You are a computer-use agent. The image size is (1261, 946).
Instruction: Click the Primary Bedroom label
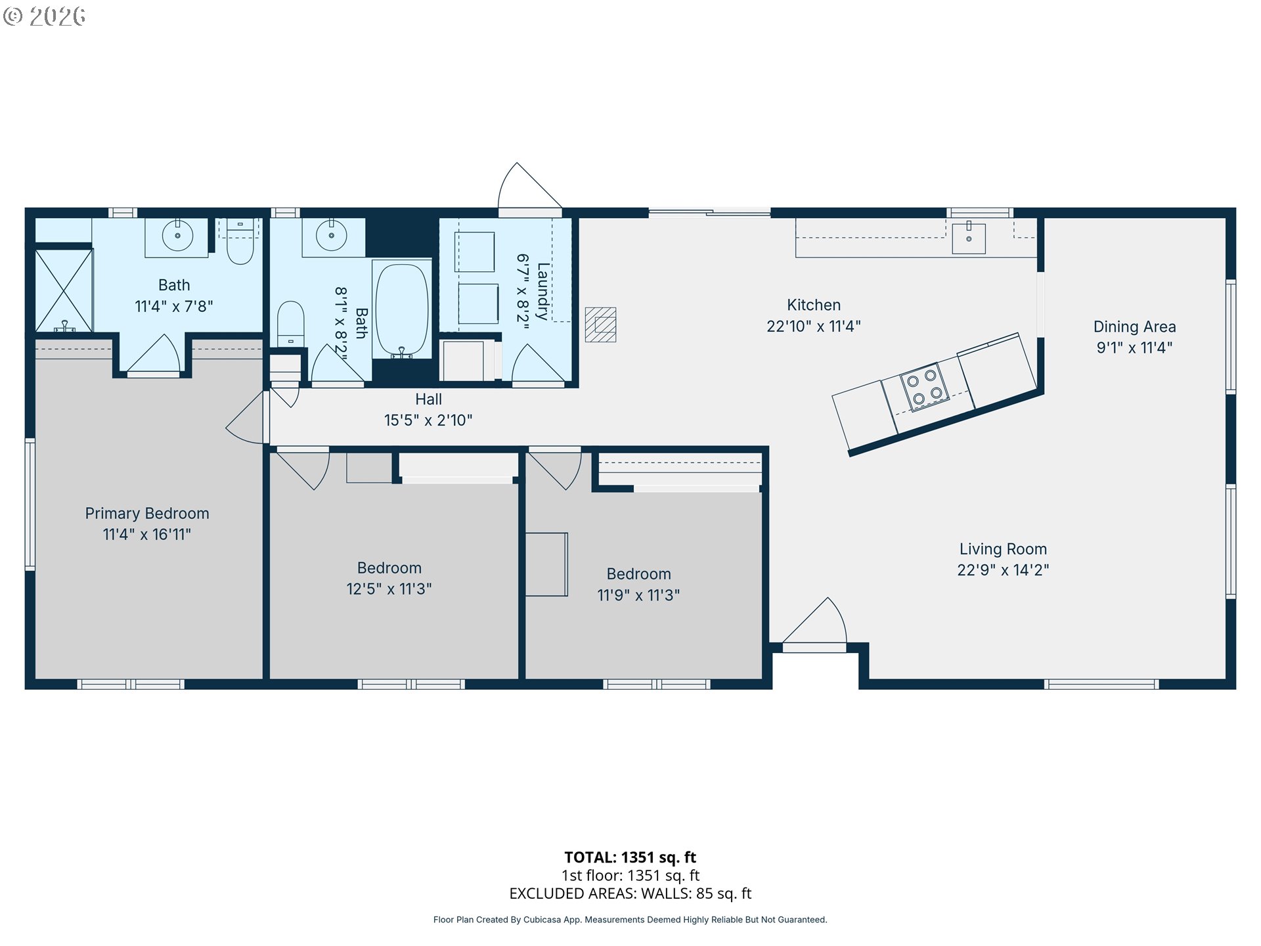pyautogui.click(x=147, y=514)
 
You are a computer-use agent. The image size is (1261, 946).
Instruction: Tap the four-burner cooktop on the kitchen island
pyautogui.click(x=925, y=387)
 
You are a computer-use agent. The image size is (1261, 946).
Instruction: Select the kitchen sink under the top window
pyautogui.click(x=969, y=238)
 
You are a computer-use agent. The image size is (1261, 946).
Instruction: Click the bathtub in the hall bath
pyautogui.click(x=401, y=310)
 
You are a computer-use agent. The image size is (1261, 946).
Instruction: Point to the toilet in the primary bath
pyautogui.click(x=240, y=241)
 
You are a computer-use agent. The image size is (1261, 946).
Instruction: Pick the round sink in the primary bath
pyautogui.click(x=177, y=236)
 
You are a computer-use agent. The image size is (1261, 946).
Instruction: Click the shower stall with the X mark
pyautogui.click(x=64, y=290)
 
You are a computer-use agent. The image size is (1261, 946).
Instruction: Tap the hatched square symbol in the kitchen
pyautogui.click(x=600, y=325)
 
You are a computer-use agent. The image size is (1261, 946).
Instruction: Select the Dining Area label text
pyautogui.click(x=1134, y=327)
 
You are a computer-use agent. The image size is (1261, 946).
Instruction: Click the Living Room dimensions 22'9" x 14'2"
pyautogui.click(x=1003, y=570)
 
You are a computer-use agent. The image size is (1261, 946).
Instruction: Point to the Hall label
pyautogui.click(x=428, y=399)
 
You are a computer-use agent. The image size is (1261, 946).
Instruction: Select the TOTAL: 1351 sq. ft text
pyautogui.click(x=630, y=857)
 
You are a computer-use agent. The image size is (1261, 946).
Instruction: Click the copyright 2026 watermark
pyautogui.click(x=44, y=16)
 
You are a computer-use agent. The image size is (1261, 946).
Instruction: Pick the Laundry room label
pyautogui.click(x=542, y=291)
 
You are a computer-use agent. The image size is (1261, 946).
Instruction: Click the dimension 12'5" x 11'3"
pyautogui.click(x=389, y=589)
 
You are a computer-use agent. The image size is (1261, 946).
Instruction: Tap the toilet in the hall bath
pyautogui.click(x=290, y=323)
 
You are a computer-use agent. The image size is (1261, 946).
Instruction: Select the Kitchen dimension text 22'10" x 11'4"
pyautogui.click(x=814, y=327)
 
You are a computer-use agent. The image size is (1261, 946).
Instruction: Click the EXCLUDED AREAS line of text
pyautogui.click(x=630, y=893)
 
